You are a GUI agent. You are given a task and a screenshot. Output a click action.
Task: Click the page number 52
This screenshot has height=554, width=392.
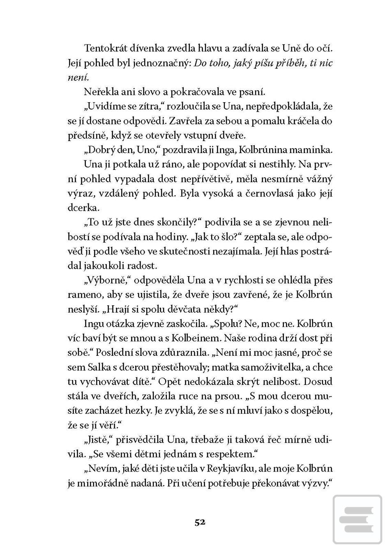point(200,522)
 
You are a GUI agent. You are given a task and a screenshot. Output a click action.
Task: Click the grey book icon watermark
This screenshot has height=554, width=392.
point(357,519)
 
